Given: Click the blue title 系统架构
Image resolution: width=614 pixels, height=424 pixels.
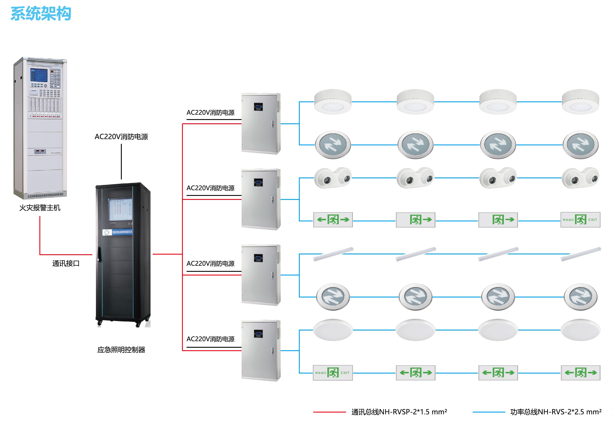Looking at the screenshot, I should tap(41, 14).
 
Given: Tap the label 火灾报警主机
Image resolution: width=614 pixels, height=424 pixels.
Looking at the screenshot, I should tap(40, 208).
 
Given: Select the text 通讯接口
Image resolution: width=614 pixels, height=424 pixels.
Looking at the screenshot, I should tap(66, 264).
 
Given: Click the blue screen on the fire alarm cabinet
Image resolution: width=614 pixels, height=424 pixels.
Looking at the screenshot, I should tap(39, 76).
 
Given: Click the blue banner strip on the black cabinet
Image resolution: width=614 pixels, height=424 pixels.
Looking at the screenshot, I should tap(118, 232).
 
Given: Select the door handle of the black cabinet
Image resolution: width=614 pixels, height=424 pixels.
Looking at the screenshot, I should tap(99, 254).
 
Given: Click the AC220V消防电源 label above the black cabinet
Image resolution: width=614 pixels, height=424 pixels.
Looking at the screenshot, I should tap(121, 137).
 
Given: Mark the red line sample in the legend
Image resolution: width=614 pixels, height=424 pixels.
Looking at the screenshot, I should tap(330, 412).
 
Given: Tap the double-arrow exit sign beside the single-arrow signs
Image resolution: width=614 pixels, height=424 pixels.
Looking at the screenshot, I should tap(333, 220).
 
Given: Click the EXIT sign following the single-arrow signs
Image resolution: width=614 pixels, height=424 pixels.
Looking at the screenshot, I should tap(580, 220).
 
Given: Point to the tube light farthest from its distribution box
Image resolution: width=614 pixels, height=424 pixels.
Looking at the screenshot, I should tap(581, 254).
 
